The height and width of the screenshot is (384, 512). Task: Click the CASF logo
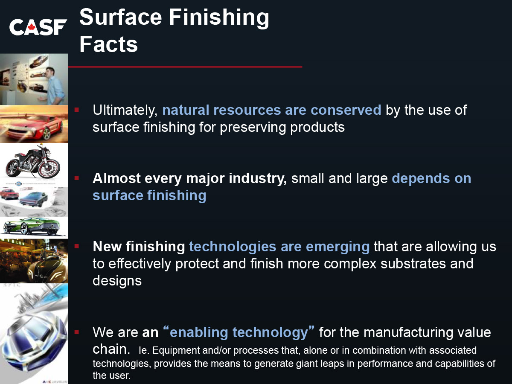[x=38, y=27]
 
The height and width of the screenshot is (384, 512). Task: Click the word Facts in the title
[x=108, y=44]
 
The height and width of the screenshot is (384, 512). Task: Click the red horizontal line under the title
[x=185, y=67]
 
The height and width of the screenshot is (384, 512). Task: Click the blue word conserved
[x=346, y=110]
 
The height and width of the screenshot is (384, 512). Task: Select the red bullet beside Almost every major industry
[x=77, y=178]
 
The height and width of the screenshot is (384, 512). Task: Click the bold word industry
[x=258, y=179]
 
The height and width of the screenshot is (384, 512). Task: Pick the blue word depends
[x=421, y=179]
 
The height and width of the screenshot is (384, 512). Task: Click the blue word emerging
[x=337, y=247]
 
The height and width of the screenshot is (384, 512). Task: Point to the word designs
[x=117, y=281]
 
